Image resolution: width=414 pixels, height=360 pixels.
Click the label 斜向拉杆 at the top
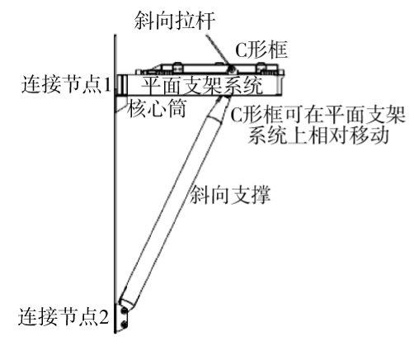click(174, 20)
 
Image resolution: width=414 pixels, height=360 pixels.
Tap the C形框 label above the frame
click(261, 50)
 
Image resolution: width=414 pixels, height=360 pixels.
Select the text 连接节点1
click(66, 84)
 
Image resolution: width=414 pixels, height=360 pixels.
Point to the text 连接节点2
click(64, 316)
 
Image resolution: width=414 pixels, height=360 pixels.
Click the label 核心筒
click(157, 108)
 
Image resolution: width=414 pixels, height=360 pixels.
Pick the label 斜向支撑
click(230, 195)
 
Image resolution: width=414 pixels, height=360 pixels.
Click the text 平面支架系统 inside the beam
click(202, 85)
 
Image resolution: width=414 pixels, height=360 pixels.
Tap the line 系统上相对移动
click(318, 135)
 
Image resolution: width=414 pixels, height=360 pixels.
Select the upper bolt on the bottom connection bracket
click(125, 310)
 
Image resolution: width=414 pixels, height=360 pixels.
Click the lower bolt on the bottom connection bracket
click(125, 324)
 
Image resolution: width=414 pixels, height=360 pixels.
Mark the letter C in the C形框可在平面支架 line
click(237, 115)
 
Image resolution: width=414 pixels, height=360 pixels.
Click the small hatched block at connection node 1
click(122, 84)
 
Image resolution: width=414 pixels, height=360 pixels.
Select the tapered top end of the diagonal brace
click(221, 108)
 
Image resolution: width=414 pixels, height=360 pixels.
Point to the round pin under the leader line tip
click(233, 69)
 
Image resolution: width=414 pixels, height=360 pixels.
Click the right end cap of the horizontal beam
click(280, 84)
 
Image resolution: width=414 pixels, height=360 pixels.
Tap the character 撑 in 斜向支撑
click(261, 195)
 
